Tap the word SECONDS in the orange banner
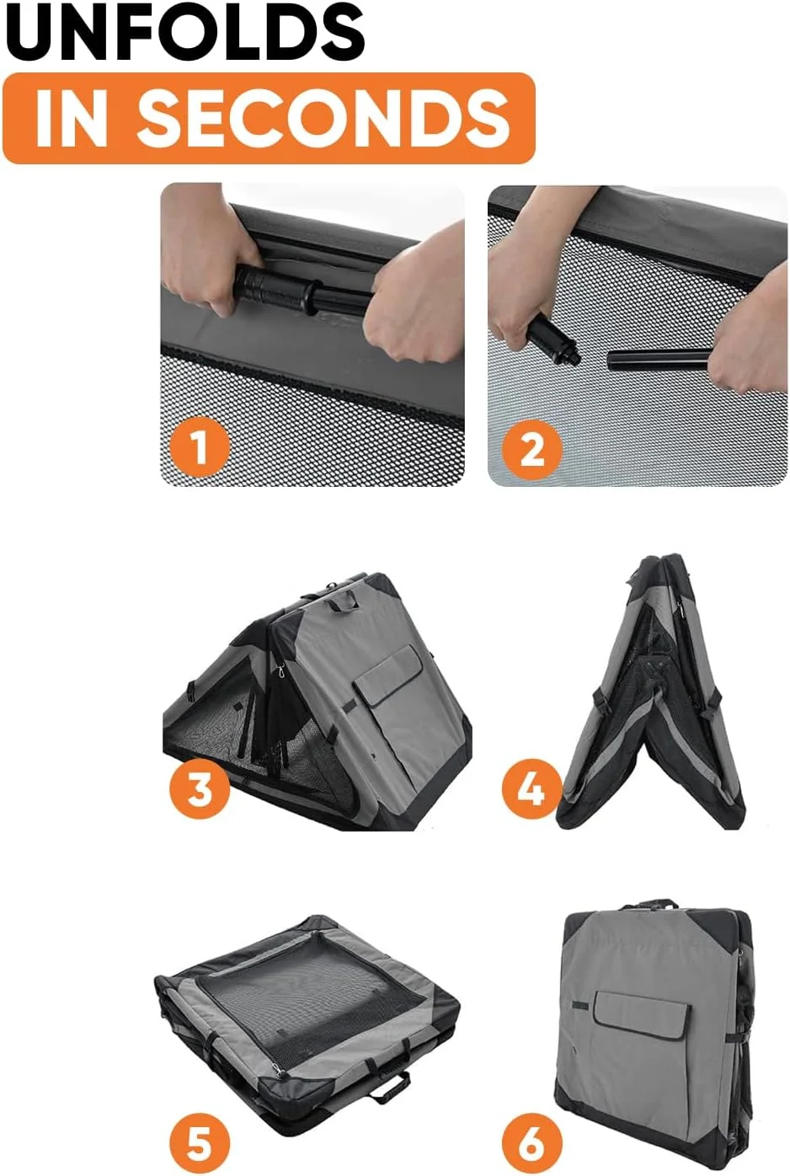click(324, 118)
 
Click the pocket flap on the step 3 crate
click(389, 676)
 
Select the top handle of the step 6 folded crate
click(649, 904)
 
